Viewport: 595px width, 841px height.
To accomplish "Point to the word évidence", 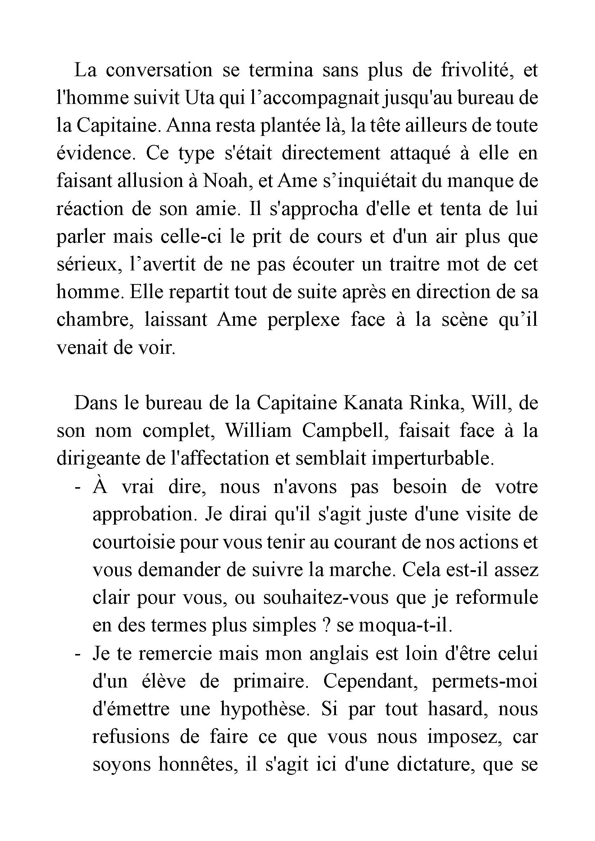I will pos(94,154).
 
